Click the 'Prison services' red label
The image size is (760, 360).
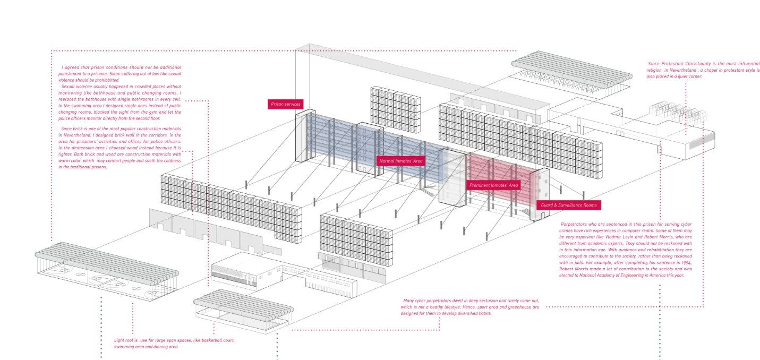pyautogui.click(x=285, y=104)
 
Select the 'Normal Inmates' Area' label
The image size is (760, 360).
pyautogui.click(x=400, y=160)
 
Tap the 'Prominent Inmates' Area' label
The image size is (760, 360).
pyautogui.click(x=493, y=185)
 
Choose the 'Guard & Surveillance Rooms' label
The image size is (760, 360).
pyautogui.click(x=568, y=205)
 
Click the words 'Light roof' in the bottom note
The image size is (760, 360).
pyautogui.click(x=125, y=340)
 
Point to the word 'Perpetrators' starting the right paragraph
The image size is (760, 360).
pyautogui.click(x=575, y=224)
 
